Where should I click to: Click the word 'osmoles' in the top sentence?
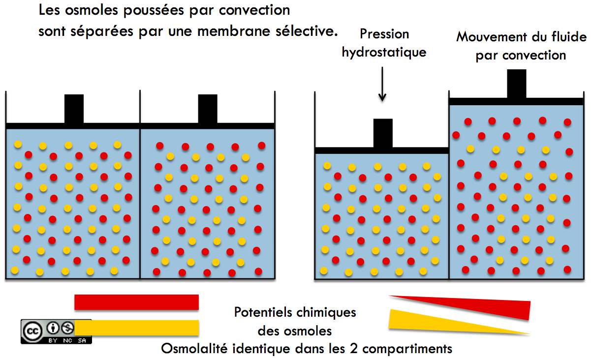tap(83, 10)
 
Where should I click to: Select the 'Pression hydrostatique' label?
tap(384, 43)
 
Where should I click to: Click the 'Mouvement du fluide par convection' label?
tap(521, 46)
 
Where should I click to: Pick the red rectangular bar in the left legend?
tap(136, 302)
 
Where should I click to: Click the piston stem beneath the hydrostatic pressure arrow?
tap(383, 133)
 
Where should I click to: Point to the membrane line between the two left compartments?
tap(140, 197)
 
